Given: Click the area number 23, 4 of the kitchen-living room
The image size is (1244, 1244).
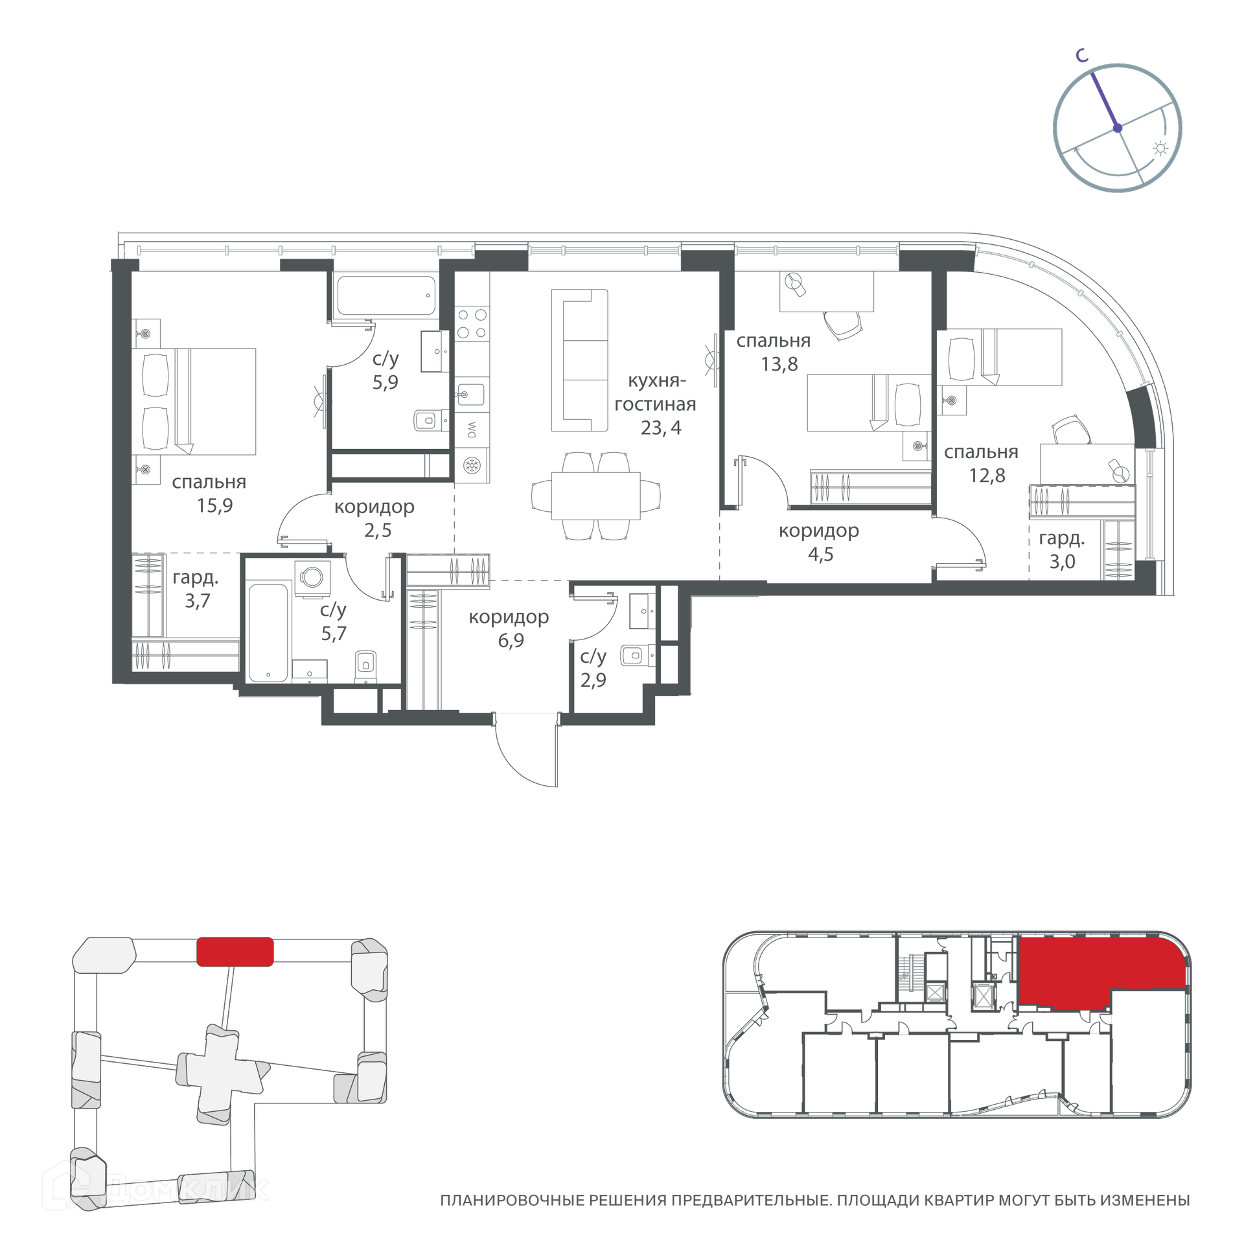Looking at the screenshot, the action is (x=661, y=428).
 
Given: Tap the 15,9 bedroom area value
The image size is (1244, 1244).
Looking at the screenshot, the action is (x=214, y=505).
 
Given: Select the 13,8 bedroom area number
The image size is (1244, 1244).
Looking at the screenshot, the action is (x=779, y=364).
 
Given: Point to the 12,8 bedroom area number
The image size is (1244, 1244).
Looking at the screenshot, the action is (x=987, y=476).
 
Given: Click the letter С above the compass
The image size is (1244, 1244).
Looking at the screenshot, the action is (x=1082, y=56).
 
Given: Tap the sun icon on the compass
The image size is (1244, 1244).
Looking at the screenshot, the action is (x=1160, y=149).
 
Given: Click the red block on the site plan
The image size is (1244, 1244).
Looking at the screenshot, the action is (x=235, y=952).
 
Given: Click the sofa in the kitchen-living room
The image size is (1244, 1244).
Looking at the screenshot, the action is (x=580, y=360).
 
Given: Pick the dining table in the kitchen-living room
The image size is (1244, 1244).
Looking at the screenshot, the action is (x=596, y=496).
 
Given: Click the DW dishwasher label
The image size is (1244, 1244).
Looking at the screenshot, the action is (x=472, y=430).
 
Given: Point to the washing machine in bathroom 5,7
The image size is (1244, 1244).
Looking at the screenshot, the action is (x=312, y=577).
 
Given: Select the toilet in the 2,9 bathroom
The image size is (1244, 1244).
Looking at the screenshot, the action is (x=638, y=655).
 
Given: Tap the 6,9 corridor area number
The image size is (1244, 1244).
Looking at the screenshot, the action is (x=511, y=640).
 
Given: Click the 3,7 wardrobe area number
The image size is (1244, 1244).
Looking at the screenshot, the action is (x=198, y=601).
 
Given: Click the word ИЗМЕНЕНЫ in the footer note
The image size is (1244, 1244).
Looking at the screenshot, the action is (x=1145, y=1201).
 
